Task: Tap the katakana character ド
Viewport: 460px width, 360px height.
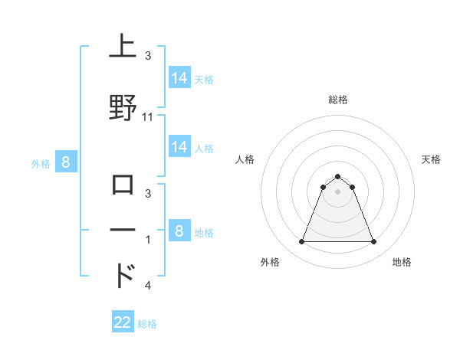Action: (x=125, y=276)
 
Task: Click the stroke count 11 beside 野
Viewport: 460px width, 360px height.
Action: (x=148, y=117)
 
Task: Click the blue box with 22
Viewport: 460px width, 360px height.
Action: (x=123, y=322)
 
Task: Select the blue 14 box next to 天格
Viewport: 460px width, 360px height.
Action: (x=179, y=78)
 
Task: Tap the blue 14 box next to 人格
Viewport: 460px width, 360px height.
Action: (x=179, y=147)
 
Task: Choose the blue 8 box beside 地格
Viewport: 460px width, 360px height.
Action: (x=179, y=231)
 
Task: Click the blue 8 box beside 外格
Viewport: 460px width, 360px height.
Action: (x=66, y=162)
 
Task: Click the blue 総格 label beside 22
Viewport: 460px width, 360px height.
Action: (x=147, y=324)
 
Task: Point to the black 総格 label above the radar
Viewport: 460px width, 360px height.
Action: (x=338, y=100)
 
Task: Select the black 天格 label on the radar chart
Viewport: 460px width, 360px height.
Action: (x=431, y=159)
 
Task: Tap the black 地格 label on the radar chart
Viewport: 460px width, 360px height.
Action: (x=402, y=262)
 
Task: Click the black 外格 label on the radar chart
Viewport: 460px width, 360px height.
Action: (x=271, y=262)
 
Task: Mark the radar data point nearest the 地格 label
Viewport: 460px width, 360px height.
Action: (x=373, y=242)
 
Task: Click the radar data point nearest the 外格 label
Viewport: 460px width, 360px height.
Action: (x=301, y=242)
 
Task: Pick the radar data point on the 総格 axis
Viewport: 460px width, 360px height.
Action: (x=337, y=176)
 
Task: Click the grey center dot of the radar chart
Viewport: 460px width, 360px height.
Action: (x=337, y=191)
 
